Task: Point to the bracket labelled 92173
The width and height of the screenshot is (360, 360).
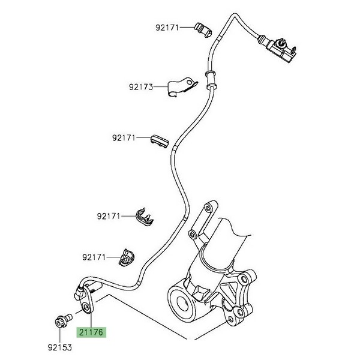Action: (x=182, y=86)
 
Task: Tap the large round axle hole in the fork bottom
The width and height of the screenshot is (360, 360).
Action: (x=182, y=300)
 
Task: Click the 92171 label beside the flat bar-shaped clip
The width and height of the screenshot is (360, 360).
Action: (x=124, y=138)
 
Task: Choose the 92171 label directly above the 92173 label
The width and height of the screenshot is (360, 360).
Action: (x=167, y=27)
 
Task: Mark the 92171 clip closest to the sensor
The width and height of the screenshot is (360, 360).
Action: (x=124, y=256)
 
